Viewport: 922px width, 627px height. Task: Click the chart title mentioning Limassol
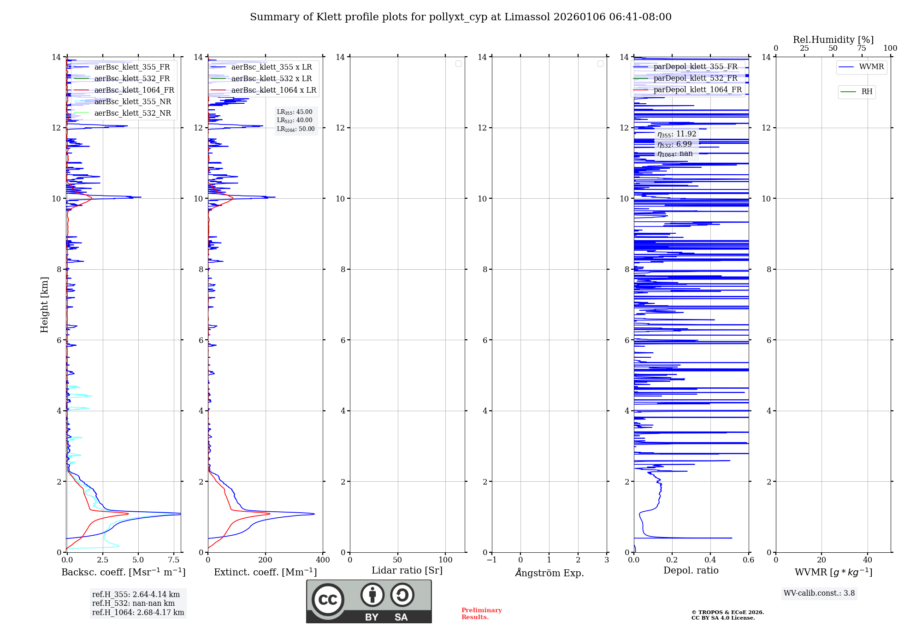[x=461, y=17]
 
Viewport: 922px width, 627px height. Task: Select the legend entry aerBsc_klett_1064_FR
[x=134, y=90]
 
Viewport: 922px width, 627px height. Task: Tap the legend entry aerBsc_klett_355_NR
[x=132, y=102]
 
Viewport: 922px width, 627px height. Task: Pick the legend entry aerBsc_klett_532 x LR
[x=271, y=79]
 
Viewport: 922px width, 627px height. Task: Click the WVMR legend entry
[x=871, y=67]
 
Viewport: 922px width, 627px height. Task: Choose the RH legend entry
[x=866, y=92]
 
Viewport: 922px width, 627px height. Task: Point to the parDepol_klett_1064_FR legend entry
[x=697, y=90]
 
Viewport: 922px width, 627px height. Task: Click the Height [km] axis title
[x=44, y=305]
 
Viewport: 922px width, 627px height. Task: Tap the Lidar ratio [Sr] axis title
[x=407, y=571]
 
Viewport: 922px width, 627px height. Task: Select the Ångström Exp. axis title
[x=550, y=573]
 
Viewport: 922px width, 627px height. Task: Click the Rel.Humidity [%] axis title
[x=833, y=40]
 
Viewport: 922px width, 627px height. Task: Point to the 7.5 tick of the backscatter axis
[x=174, y=560]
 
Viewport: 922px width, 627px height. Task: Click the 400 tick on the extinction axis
[x=323, y=560]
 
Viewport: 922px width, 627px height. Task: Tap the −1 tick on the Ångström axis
[x=492, y=560]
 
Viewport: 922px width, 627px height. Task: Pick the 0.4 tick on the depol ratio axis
[x=710, y=560]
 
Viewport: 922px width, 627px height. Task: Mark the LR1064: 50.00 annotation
[x=296, y=129]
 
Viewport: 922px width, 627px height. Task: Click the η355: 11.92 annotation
[x=677, y=134]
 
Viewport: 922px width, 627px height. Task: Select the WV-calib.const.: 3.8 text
[x=819, y=593]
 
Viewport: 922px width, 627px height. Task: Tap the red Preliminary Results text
[x=481, y=614]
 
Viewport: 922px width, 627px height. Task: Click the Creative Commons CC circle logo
[x=328, y=600]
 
